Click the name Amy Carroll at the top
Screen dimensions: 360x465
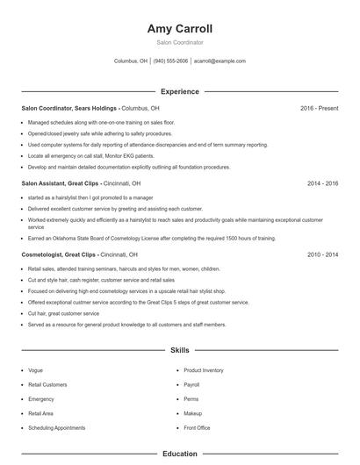180,28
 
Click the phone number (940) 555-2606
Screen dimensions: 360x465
170,61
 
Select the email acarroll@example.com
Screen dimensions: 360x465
220,61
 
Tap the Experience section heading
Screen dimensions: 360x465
180,91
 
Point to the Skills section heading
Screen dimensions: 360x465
180,350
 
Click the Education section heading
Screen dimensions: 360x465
180,454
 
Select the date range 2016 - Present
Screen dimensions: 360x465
319,108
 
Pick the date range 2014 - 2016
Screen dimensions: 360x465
322,183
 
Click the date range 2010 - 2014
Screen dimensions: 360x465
322,254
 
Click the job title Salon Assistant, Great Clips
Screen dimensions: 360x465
61,183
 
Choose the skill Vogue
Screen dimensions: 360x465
35,370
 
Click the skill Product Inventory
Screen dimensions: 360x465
203,370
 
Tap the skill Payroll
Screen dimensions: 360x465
191,384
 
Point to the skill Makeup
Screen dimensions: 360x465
192,413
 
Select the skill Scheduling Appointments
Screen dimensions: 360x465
56,427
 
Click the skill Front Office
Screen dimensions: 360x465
197,427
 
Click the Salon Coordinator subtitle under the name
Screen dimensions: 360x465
180,42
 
